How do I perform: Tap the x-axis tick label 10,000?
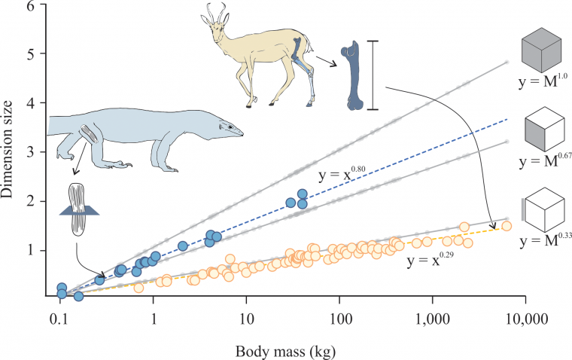click(x=522, y=321)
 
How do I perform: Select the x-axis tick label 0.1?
click(x=59, y=321)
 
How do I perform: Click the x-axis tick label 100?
click(x=339, y=321)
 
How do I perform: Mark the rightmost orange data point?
click(x=507, y=226)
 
